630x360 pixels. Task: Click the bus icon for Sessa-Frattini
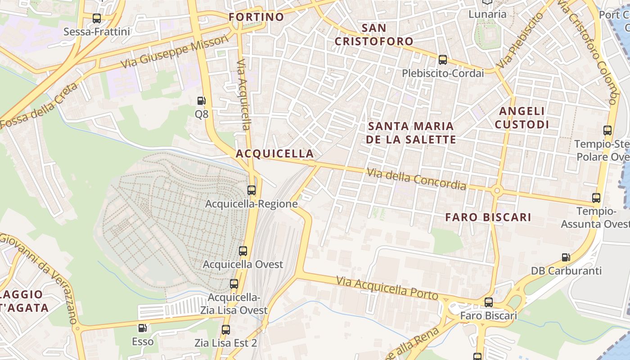[x=97, y=18]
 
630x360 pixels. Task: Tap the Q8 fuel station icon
[x=202, y=101]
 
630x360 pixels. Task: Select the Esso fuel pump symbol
[x=143, y=328]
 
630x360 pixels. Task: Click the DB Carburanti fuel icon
[x=566, y=257]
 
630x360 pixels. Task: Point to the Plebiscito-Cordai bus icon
[x=443, y=60]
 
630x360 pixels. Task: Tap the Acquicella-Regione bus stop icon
[x=252, y=190]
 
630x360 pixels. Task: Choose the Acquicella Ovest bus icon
[x=243, y=251]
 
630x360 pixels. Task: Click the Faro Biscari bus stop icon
[x=489, y=302]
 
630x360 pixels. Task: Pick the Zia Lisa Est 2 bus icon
[x=226, y=330]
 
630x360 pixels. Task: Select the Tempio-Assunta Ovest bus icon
[x=596, y=198]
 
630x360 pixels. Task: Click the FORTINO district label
[x=256, y=17]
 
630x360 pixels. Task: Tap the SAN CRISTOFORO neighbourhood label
[x=374, y=35]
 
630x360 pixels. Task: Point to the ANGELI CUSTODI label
[x=522, y=117]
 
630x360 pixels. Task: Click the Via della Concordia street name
[x=416, y=179]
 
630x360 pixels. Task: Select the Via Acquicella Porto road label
[x=387, y=288]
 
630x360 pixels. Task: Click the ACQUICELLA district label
[x=274, y=153]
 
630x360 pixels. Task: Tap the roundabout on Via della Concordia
[x=497, y=191]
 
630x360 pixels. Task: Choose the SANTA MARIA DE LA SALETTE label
[x=411, y=132]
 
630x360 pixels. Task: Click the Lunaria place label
[x=487, y=14]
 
